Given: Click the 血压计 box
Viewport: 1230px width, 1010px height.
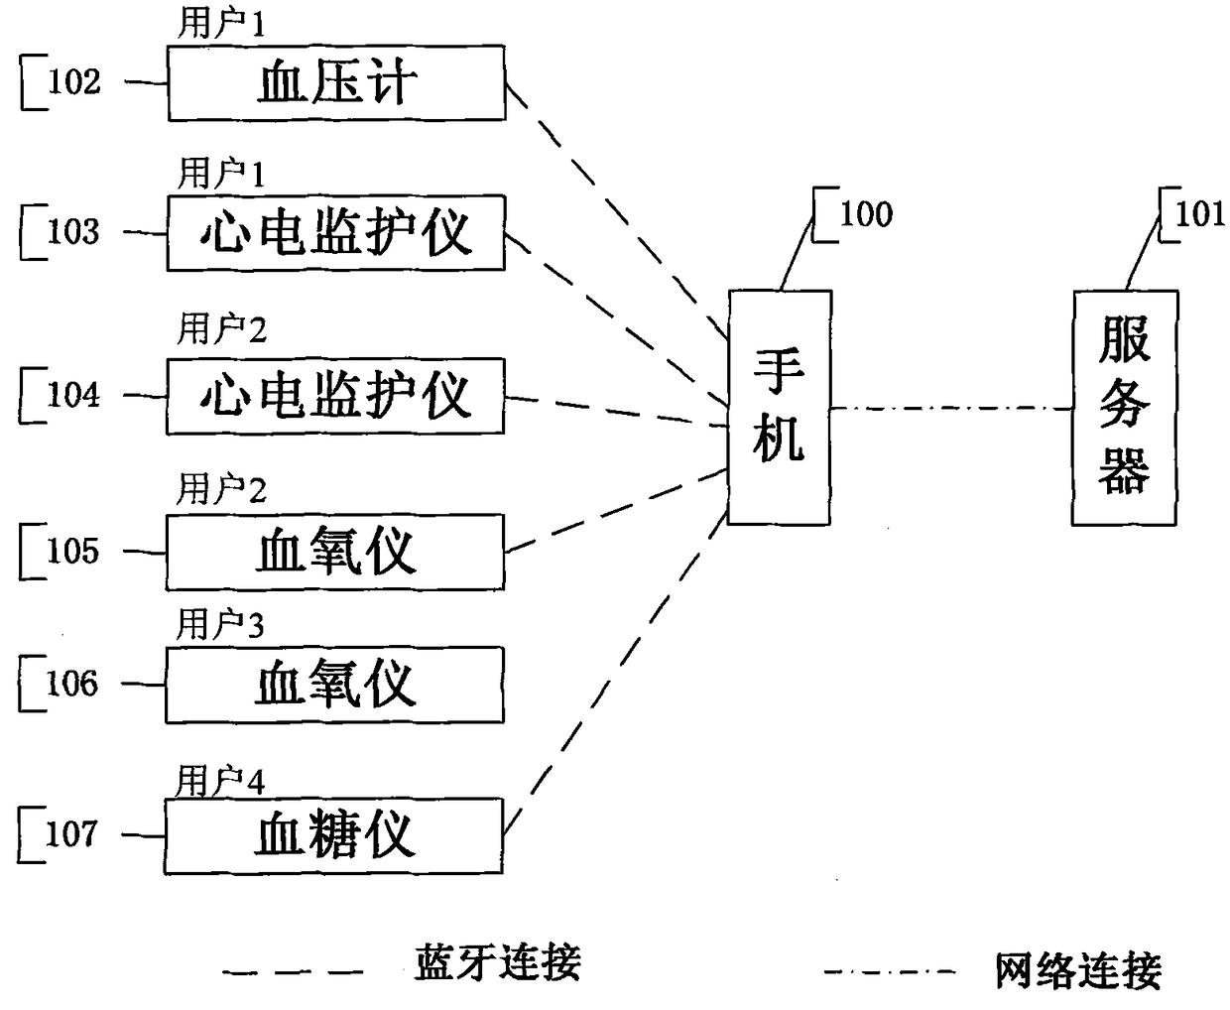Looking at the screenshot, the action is tap(336, 83).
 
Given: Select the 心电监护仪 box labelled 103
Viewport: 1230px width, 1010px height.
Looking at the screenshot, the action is tap(336, 233).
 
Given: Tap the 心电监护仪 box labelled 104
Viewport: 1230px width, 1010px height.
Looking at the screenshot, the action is tap(335, 396).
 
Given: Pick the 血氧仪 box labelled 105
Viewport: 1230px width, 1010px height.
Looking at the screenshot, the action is tap(334, 552).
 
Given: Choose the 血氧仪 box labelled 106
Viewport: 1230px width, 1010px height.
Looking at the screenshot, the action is tap(334, 685).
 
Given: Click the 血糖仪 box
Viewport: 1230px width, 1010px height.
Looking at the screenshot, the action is tap(333, 835).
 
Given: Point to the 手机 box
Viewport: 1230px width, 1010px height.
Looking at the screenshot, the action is tap(780, 407).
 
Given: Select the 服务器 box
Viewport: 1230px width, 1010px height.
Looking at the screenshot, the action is tap(1125, 407).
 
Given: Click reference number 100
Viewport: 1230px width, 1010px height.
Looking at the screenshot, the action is tap(866, 214).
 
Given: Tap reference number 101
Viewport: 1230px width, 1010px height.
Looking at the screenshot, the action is tap(1199, 214).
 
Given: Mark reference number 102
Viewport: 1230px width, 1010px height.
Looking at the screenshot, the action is tap(74, 81).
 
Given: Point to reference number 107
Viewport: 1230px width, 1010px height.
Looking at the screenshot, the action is tap(71, 833).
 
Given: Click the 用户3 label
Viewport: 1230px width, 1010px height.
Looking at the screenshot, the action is tap(220, 624).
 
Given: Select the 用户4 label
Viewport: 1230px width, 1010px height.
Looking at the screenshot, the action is tap(220, 781).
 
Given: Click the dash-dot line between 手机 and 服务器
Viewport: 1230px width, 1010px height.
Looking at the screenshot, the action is tap(952, 409).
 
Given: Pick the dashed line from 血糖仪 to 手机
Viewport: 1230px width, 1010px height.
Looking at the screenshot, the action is tap(615, 673).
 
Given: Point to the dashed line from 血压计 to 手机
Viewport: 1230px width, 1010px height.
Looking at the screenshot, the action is tap(616, 210).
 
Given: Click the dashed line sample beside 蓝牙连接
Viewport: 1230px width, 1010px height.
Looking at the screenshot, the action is tap(293, 972).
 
